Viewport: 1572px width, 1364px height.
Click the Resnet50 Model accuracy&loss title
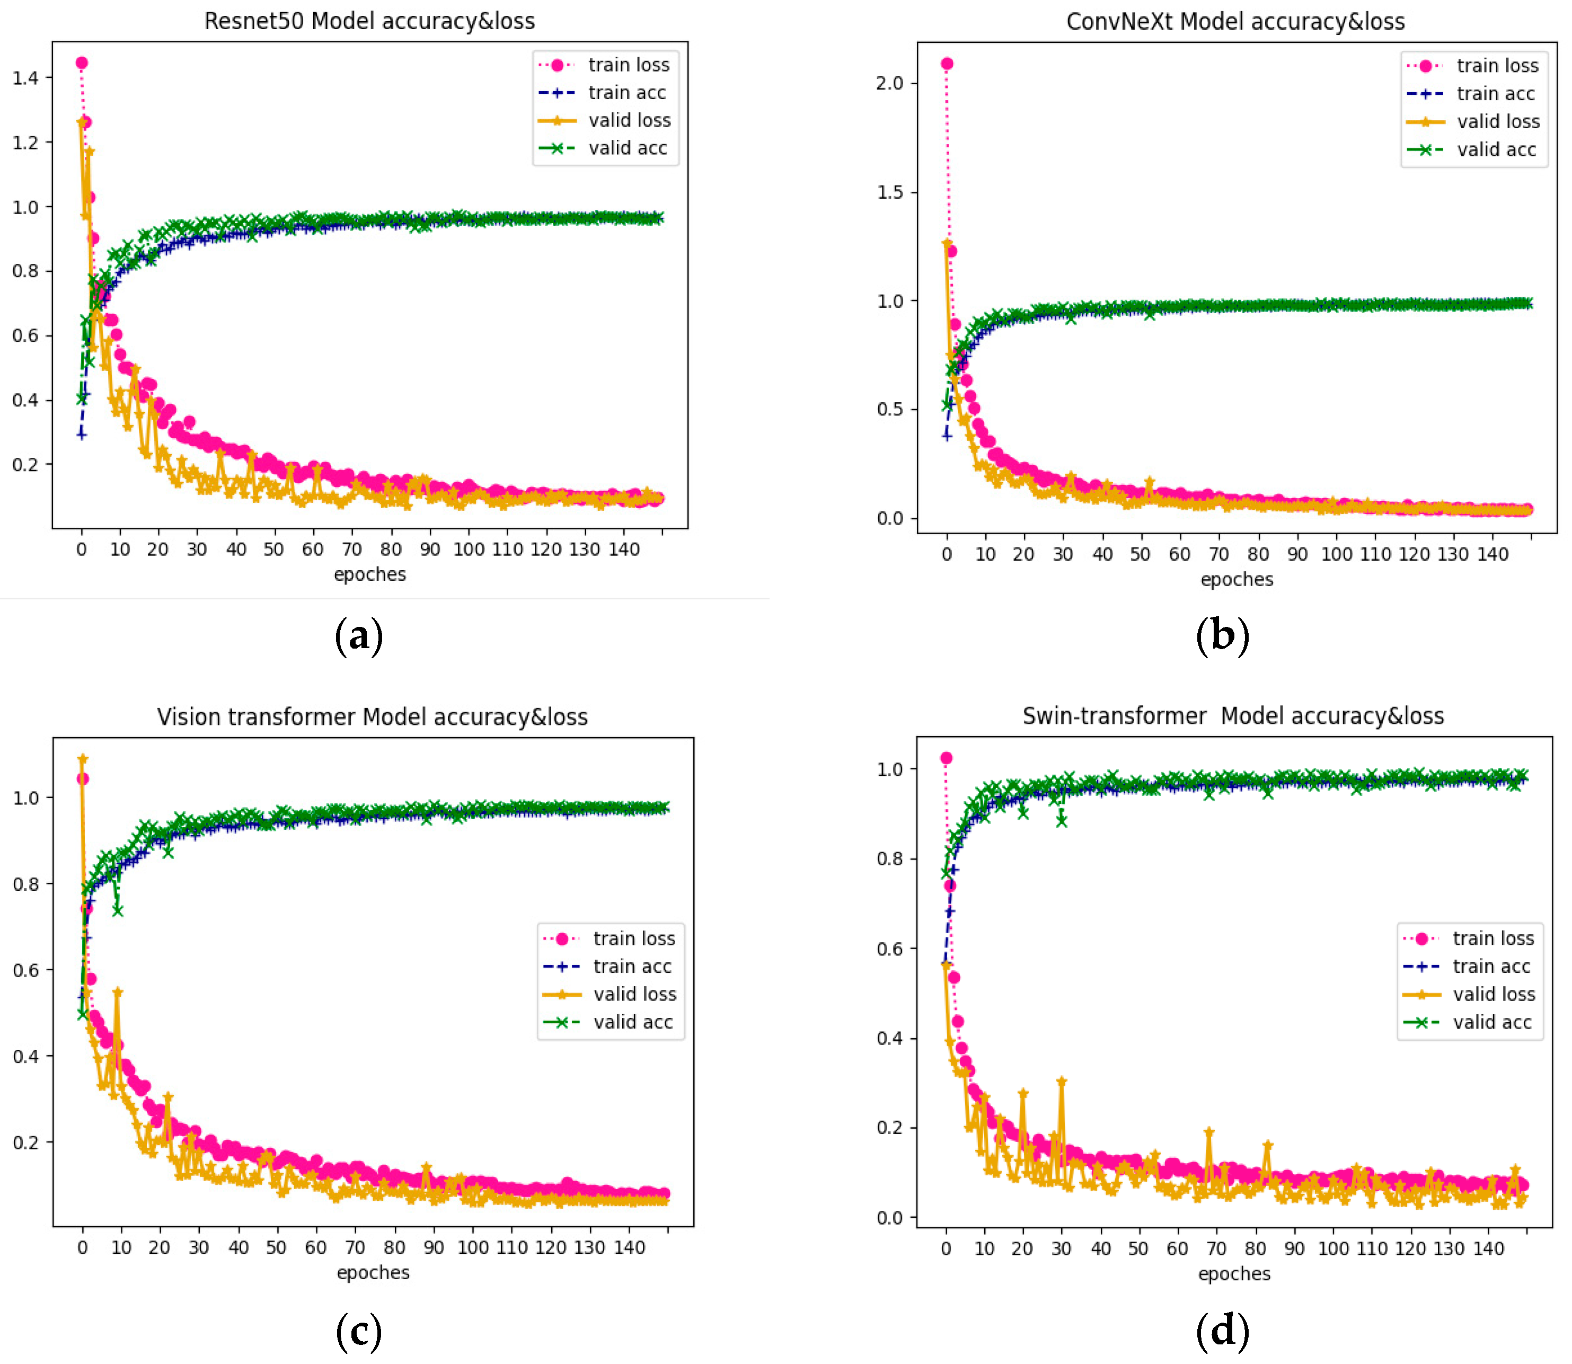[369, 21]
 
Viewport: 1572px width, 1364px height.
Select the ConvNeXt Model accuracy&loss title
[1235, 21]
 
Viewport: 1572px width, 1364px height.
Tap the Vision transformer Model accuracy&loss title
[372, 716]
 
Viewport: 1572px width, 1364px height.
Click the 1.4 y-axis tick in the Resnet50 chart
[26, 78]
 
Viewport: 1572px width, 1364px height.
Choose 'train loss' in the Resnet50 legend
[628, 65]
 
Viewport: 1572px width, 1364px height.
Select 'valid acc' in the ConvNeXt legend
[1496, 149]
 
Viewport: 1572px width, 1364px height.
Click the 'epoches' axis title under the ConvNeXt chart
[1237, 579]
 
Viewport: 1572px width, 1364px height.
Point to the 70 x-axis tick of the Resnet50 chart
[352, 550]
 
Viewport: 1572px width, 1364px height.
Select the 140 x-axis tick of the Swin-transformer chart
[1488, 1248]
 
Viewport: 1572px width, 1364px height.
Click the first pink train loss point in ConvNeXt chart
[947, 64]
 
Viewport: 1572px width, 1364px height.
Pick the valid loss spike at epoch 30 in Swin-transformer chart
[1061, 1082]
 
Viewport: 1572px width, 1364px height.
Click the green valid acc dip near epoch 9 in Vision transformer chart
[117, 910]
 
